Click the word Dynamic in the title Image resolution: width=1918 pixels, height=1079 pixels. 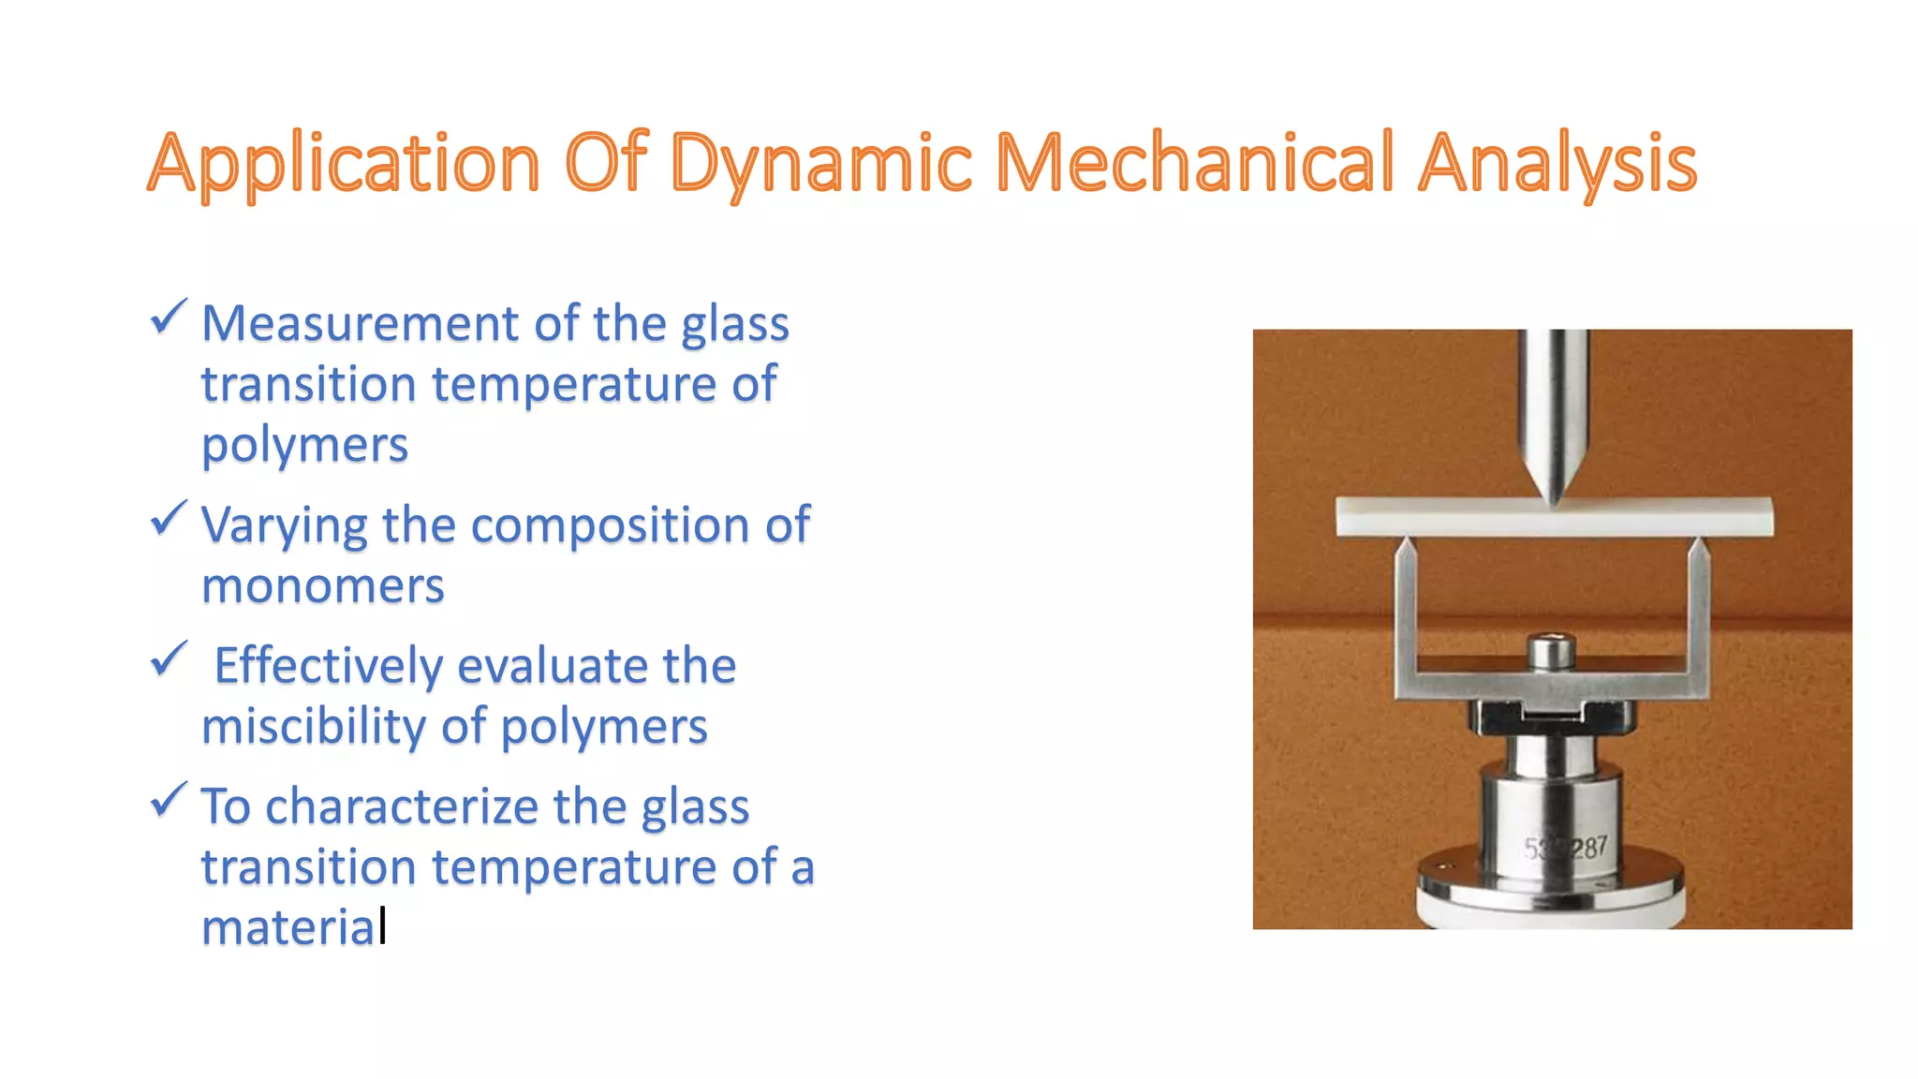[820, 164]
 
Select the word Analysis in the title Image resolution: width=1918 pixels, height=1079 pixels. [1557, 164]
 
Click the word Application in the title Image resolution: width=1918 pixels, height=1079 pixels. [344, 164]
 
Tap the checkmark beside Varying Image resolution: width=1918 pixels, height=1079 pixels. [170, 519]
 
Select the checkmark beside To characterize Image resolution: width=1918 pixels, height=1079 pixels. [170, 801]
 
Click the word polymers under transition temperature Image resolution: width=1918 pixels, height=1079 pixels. [304, 446]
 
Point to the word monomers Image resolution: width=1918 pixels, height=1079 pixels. [322, 587]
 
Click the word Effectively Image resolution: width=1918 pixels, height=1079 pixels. [328, 666]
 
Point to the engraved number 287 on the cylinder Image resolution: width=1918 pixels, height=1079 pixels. [1589, 849]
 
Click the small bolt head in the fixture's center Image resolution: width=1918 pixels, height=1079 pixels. [1552, 651]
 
